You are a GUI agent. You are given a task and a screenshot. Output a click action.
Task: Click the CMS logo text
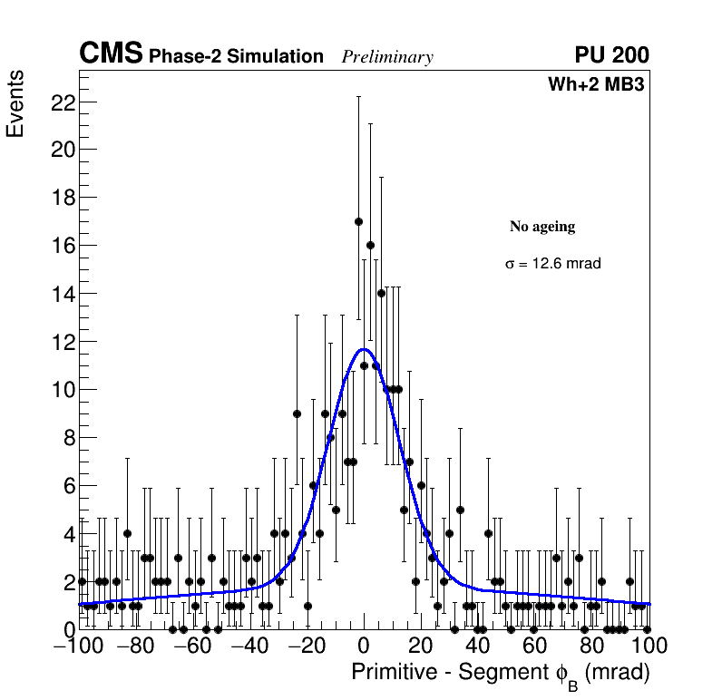pyautogui.click(x=111, y=54)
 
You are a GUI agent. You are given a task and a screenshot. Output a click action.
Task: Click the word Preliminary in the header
pyautogui.click(x=387, y=57)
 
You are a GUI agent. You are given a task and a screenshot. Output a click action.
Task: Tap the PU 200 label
pyautogui.click(x=611, y=55)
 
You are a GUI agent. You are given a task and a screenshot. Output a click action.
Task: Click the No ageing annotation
pyautogui.click(x=542, y=227)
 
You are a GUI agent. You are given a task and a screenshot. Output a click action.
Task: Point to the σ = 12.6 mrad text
pyautogui.click(x=553, y=264)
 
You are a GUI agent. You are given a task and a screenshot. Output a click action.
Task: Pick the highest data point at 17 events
pyautogui.click(x=358, y=221)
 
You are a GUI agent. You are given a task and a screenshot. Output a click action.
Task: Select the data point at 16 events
pyautogui.click(x=370, y=246)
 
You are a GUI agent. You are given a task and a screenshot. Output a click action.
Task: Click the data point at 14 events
pyautogui.click(x=381, y=293)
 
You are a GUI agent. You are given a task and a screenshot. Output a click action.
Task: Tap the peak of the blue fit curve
pyautogui.click(x=364, y=348)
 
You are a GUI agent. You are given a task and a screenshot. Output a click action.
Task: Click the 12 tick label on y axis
pyautogui.click(x=62, y=342)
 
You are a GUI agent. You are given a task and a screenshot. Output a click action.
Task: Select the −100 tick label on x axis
pyautogui.click(x=79, y=646)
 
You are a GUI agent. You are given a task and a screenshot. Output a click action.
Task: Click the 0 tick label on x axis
pyautogui.click(x=364, y=646)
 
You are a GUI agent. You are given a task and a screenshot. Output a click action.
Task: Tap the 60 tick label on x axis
pyautogui.click(x=535, y=646)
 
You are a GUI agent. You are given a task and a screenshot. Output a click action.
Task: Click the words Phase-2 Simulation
pyautogui.click(x=236, y=57)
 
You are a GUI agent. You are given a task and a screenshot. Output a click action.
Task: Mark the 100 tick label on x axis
pyautogui.click(x=648, y=646)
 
